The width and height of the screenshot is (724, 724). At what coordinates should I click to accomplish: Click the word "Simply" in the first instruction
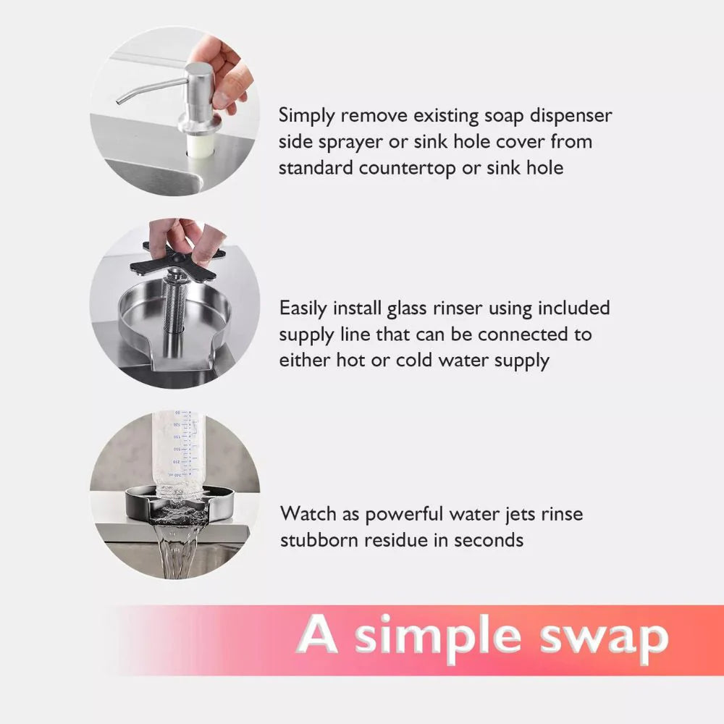pyautogui.click(x=308, y=117)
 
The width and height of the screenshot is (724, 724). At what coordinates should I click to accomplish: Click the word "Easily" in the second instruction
pyautogui.click(x=304, y=309)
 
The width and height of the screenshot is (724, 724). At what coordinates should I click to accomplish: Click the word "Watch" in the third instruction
pyautogui.click(x=309, y=514)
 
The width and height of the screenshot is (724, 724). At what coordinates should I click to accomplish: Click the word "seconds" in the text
pyautogui.click(x=484, y=540)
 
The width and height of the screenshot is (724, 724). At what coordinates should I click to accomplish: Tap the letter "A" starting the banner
pyautogui.click(x=320, y=634)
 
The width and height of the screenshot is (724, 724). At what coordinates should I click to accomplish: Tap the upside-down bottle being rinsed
pyautogui.click(x=178, y=452)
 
